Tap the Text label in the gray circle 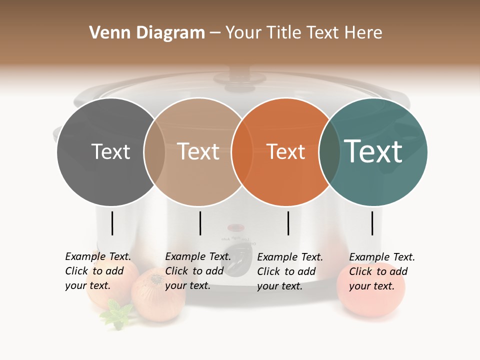[x=110, y=151]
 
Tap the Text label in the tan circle [x=198, y=151]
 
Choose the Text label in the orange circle [x=285, y=152]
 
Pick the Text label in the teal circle [x=373, y=151]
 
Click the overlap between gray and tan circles [x=154, y=152]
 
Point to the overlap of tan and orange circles [x=242, y=152]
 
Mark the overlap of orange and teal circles [x=329, y=152]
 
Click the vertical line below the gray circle [x=112, y=223]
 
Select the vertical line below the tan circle [x=200, y=223]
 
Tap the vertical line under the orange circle [x=288, y=223]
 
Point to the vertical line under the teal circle [x=372, y=223]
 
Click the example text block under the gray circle [x=97, y=271]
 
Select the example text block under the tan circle [x=197, y=271]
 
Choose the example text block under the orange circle [x=289, y=271]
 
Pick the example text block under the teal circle [x=381, y=271]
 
